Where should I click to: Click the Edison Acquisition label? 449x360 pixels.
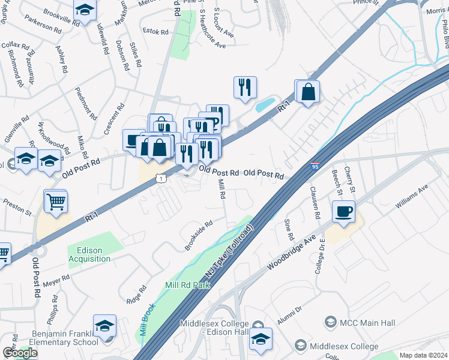89,254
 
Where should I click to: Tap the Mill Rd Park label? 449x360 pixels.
188,285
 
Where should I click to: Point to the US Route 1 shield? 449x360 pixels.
160,178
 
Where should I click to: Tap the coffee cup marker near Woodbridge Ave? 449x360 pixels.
343,212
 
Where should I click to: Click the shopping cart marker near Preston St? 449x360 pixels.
56,202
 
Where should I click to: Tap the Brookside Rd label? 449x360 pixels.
199,235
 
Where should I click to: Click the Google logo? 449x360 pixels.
20,353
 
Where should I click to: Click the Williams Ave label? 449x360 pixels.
411,197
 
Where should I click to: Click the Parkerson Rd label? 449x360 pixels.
43,28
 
